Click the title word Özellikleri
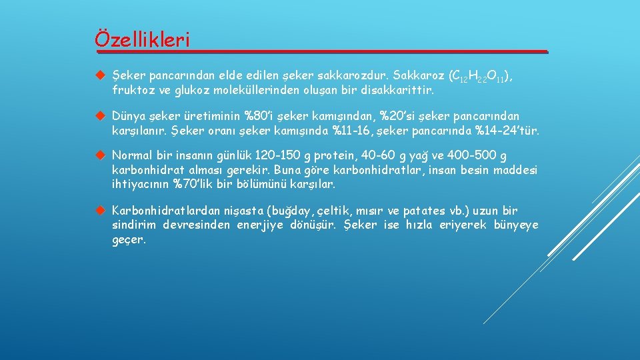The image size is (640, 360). (x=142, y=39)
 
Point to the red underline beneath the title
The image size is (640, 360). (x=321, y=51)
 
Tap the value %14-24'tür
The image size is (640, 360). (x=505, y=130)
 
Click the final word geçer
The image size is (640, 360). (x=128, y=239)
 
